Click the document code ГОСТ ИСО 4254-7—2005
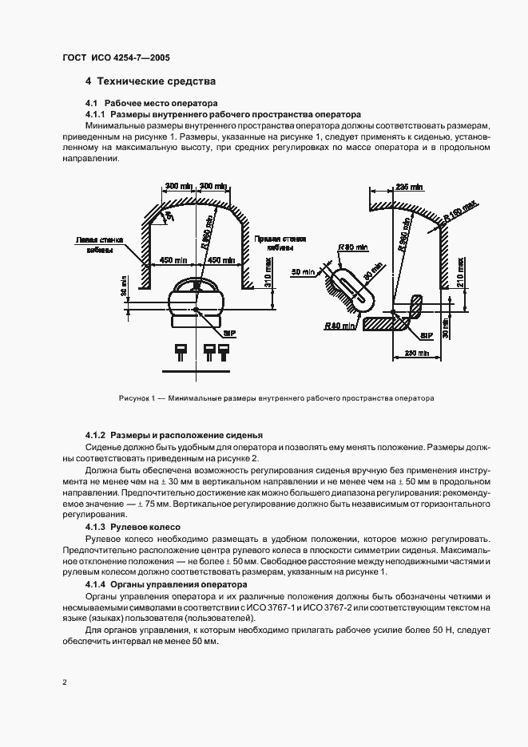(116, 58)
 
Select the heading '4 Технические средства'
(151, 82)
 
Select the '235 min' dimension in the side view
(408, 186)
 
